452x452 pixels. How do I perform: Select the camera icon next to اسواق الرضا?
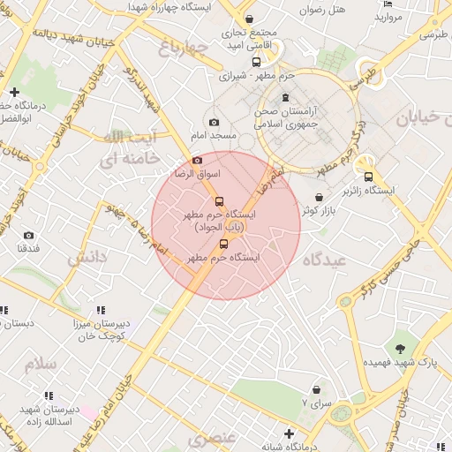click(x=197, y=160)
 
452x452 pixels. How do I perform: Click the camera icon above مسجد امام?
click(x=214, y=122)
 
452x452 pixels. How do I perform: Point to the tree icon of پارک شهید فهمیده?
click(x=401, y=347)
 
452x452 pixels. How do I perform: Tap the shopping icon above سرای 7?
click(x=316, y=389)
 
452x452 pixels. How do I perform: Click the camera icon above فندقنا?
click(x=28, y=235)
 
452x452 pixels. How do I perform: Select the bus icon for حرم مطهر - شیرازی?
click(x=256, y=62)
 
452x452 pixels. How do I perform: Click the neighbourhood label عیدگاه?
click(x=321, y=260)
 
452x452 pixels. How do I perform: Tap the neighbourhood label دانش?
click(x=87, y=257)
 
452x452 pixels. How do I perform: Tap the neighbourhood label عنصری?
click(x=212, y=438)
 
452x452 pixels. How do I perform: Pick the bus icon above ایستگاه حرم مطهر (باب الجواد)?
click(x=219, y=200)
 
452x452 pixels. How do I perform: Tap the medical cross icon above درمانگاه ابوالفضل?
click(x=14, y=92)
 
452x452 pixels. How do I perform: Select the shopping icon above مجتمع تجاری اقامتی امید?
click(x=250, y=19)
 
